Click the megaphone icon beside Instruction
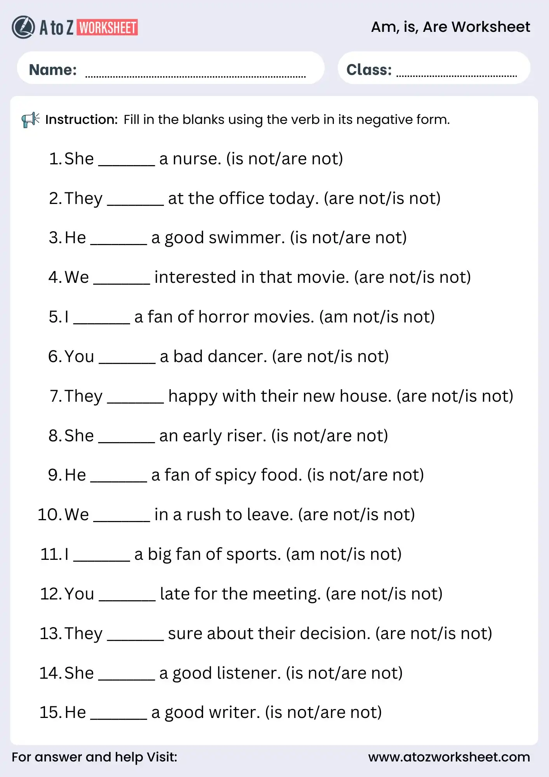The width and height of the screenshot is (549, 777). click(30, 120)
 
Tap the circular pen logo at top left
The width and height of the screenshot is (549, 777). click(23, 27)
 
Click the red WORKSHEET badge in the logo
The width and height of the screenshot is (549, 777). click(107, 28)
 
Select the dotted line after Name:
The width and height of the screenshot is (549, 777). click(195, 76)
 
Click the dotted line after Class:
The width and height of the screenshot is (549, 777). click(456, 75)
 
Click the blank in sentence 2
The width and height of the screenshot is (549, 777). click(135, 204)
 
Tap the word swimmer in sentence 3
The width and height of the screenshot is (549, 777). click(247, 238)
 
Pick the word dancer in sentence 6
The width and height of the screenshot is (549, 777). click(240, 357)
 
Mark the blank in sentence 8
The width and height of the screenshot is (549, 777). click(127, 441)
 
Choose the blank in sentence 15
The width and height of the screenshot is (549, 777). click(119, 718)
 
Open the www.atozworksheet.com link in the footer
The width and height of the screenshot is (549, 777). click(449, 757)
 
